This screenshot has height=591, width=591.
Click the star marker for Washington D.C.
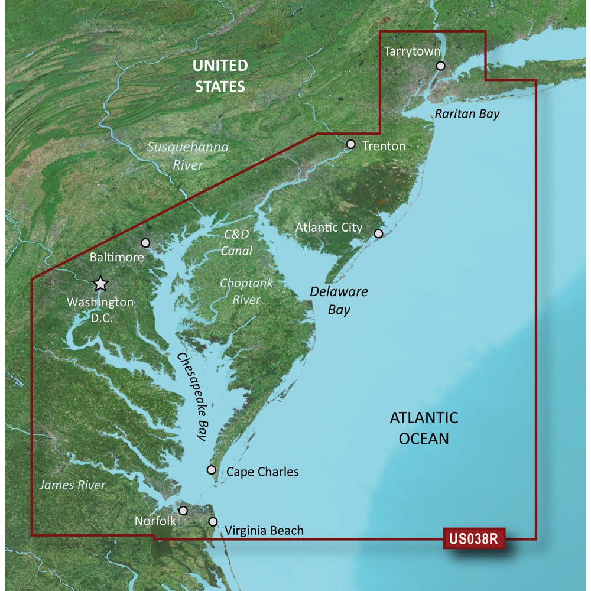tap(101, 284)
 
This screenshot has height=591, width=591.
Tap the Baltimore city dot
tap(146, 242)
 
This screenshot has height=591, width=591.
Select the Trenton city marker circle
tap(350, 144)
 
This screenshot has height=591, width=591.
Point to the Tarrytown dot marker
tap(440, 66)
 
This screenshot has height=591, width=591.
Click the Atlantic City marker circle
tap(379, 233)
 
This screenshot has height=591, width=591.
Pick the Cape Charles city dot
tap(211, 470)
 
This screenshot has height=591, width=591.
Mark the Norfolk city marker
tap(183, 510)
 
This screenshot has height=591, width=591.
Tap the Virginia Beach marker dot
tap(213, 522)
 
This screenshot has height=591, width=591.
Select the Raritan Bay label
tap(467, 114)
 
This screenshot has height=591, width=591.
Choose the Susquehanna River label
tap(188, 156)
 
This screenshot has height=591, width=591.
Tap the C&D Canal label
tap(238, 242)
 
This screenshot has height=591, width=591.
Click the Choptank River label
tap(246, 291)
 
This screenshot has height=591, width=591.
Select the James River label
tap(72, 485)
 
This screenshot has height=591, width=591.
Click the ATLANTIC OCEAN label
tap(424, 428)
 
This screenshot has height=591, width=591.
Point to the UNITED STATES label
tap(220, 76)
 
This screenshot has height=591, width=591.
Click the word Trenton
tap(384, 145)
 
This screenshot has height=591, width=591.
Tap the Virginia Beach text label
tap(264, 530)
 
